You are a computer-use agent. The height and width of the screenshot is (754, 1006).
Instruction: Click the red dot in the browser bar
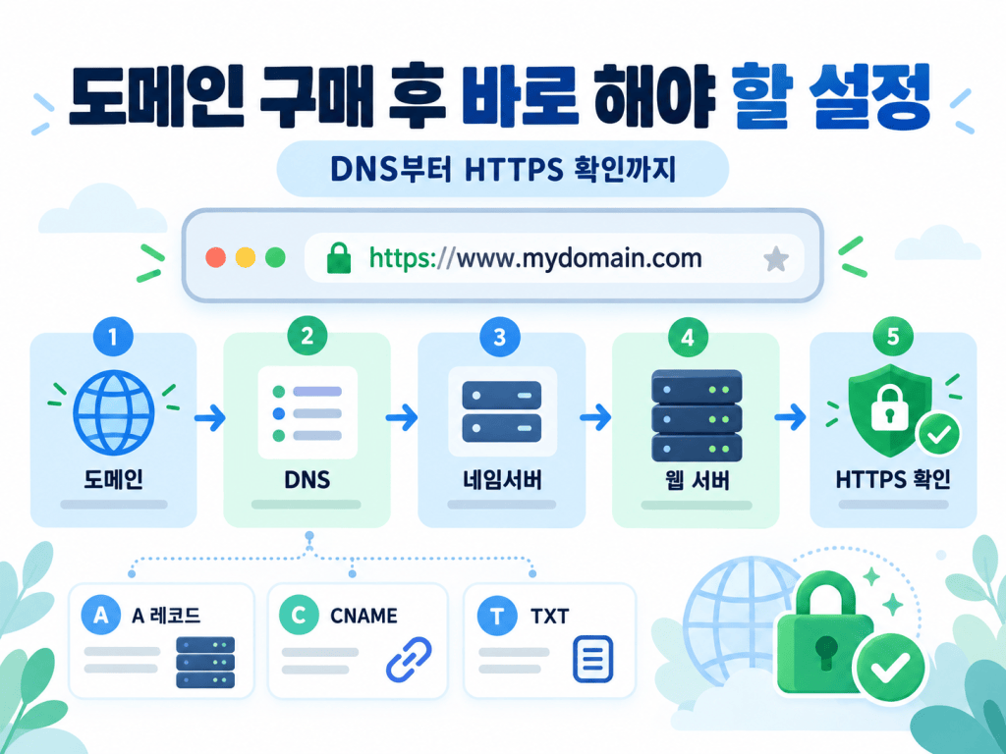point(215,258)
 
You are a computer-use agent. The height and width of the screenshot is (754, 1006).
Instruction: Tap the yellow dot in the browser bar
point(246,258)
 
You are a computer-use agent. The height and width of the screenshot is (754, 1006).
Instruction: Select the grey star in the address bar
point(776,259)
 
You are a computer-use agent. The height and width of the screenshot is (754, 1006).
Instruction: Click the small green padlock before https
point(339,258)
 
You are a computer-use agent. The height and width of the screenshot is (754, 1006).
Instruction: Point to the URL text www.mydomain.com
point(580,258)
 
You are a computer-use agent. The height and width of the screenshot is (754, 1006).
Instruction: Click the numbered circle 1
point(113,337)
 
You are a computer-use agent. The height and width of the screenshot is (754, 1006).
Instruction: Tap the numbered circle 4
point(688,338)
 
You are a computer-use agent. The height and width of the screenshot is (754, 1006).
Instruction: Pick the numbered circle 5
point(893,337)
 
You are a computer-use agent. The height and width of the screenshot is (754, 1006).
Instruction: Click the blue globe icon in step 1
point(114,413)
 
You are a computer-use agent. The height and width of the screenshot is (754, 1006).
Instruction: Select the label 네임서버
point(502,479)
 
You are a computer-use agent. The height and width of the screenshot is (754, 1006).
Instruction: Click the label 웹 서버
point(697,480)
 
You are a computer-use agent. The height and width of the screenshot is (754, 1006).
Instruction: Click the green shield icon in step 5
point(890,410)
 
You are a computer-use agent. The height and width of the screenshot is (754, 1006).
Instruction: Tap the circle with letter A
point(101,615)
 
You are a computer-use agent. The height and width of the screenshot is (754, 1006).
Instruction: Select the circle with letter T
point(496,617)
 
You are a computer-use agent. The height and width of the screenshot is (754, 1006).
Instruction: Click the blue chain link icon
point(409,659)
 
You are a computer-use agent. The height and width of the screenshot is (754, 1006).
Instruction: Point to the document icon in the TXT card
point(592,659)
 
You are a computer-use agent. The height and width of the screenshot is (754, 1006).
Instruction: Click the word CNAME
point(363,616)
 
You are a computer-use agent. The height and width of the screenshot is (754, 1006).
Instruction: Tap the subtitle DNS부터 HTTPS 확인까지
point(503,169)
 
